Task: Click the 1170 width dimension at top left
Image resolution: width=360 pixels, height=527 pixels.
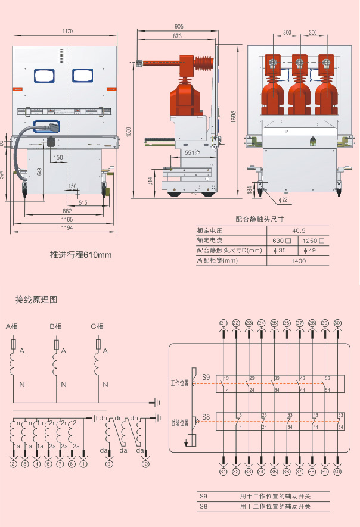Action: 67,31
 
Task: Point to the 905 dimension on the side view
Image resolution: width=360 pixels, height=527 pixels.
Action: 179,26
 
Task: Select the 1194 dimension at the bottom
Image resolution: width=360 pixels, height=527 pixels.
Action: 67,228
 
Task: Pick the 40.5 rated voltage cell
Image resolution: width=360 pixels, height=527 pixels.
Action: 299,230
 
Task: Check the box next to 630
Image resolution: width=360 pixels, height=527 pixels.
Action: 288,241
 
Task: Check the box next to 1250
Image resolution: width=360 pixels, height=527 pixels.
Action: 322,241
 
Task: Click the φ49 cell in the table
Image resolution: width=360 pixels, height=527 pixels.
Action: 310,250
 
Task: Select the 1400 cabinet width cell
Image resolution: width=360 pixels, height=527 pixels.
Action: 299,260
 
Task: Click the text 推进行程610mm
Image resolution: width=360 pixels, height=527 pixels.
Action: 81,255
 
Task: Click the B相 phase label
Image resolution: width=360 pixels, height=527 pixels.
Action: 56,326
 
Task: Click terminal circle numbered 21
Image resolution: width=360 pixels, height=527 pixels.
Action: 224,323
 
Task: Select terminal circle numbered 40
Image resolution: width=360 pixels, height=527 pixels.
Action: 338,472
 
